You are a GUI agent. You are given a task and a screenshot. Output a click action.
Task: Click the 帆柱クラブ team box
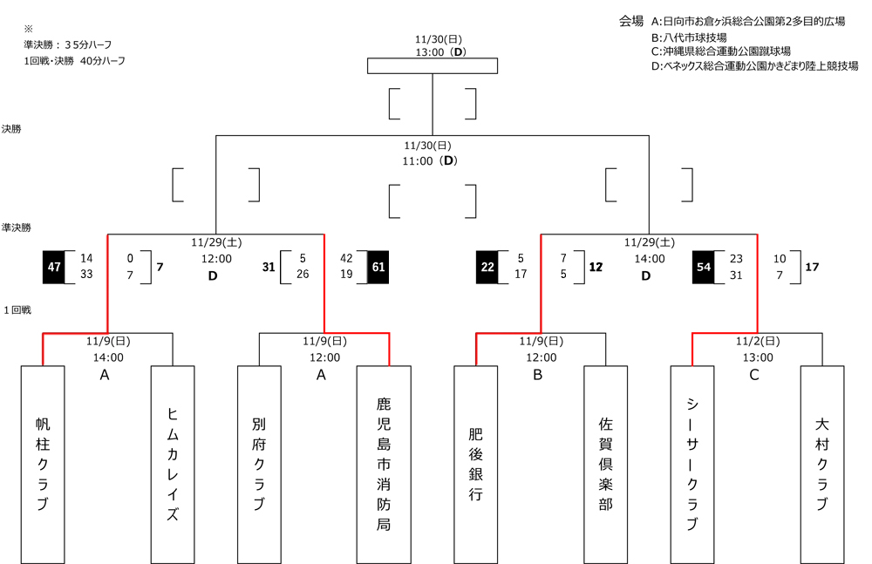tap(42, 464)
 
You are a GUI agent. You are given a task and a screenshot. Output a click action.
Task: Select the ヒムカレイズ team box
tap(172, 464)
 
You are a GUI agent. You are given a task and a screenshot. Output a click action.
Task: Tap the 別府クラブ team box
tap(258, 464)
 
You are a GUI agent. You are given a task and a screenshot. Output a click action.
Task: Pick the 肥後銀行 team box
tap(475, 464)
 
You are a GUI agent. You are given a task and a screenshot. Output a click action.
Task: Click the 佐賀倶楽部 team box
tap(605, 464)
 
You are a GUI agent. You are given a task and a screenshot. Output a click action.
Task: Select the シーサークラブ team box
tap(691, 464)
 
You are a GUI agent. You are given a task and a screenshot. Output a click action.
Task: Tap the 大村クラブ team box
tap(821, 464)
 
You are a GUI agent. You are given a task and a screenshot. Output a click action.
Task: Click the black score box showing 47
tap(54, 267)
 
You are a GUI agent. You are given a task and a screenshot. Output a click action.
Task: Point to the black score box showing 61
tap(378, 267)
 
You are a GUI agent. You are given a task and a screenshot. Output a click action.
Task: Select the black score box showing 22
tap(487, 267)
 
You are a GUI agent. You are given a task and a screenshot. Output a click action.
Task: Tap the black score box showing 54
tap(704, 267)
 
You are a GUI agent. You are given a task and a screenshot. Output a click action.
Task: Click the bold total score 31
tap(269, 267)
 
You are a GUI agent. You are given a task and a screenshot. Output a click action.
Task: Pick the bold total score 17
tap(812, 267)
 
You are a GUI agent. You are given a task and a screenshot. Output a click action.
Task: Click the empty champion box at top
tap(433, 66)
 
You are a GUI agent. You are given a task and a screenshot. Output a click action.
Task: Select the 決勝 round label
tap(11, 128)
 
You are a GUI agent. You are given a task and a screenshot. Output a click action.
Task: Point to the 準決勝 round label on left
tap(17, 226)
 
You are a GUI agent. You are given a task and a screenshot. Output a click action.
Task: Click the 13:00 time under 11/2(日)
tap(758, 357)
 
